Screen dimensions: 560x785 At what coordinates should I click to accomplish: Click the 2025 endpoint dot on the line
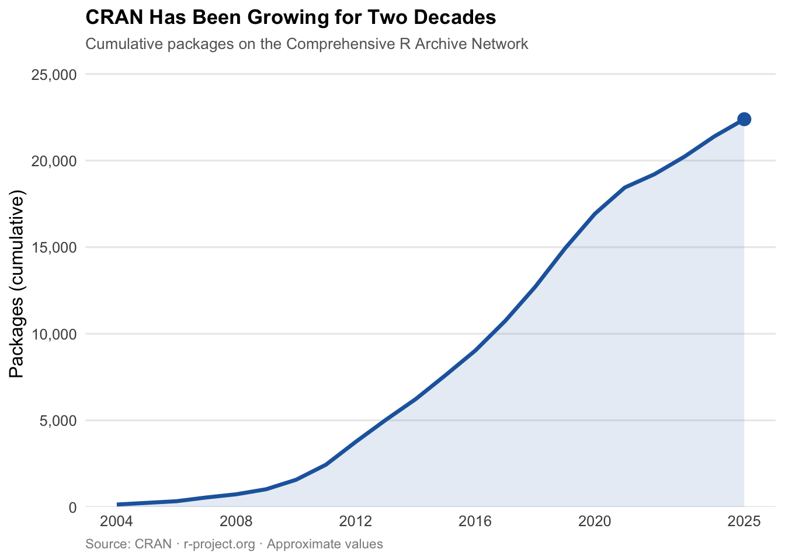tap(744, 119)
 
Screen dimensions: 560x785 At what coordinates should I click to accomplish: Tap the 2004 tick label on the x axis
tap(117, 521)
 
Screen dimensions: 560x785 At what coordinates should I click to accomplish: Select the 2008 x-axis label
tap(236, 521)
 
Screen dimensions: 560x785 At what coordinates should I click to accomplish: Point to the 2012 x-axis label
tap(356, 521)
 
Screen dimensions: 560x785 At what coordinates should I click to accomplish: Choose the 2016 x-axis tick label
tap(475, 521)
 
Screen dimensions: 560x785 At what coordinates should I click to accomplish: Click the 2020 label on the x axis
tap(595, 521)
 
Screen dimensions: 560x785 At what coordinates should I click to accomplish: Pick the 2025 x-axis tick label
tap(744, 521)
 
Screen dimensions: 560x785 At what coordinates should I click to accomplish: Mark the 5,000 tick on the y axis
tap(57, 421)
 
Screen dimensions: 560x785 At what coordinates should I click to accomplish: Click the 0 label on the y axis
tap(72, 508)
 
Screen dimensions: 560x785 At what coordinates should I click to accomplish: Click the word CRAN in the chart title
tap(114, 17)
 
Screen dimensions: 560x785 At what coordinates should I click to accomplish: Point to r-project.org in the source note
tap(219, 544)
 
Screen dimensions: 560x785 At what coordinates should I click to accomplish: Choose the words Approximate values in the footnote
tap(325, 544)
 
